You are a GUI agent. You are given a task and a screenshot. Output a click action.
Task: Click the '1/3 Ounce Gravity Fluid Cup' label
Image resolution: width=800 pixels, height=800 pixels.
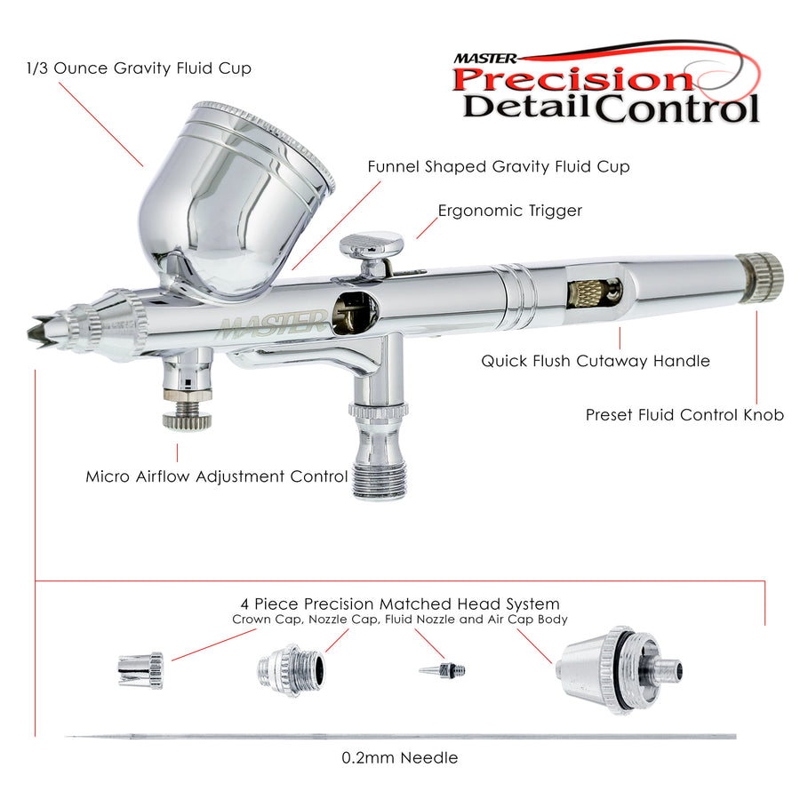(139, 68)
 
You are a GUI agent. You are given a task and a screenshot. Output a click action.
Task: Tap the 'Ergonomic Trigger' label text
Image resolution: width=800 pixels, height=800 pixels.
(509, 211)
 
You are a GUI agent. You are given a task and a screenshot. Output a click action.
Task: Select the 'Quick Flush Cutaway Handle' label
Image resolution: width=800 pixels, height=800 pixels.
(596, 361)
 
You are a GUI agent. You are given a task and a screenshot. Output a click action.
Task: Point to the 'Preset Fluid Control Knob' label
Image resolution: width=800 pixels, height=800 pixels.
(684, 415)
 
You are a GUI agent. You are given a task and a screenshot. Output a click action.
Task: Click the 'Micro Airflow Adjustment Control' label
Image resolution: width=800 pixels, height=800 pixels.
(217, 476)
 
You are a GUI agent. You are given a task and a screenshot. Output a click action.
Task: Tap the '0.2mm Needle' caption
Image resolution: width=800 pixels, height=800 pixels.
(399, 757)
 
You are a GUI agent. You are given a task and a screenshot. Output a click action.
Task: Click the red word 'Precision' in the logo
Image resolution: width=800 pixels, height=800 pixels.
(572, 80)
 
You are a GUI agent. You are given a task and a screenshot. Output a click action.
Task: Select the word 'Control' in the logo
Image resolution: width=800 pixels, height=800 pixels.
(676, 108)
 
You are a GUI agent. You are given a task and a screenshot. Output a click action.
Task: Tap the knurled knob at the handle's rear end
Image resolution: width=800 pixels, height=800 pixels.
(760, 278)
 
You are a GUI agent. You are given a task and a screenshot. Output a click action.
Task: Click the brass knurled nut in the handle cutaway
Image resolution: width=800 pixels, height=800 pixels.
(586, 294)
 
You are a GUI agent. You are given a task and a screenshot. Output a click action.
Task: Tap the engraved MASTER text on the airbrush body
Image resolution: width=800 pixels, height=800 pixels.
(271, 325)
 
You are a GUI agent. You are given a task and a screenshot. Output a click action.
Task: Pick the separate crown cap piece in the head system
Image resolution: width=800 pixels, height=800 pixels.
(140, 670)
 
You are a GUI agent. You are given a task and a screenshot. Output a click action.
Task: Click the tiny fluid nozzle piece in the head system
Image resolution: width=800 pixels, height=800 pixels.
(443, 669)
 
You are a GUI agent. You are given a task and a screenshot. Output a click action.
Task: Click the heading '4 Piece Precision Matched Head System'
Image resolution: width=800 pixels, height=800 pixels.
(400, 604)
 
